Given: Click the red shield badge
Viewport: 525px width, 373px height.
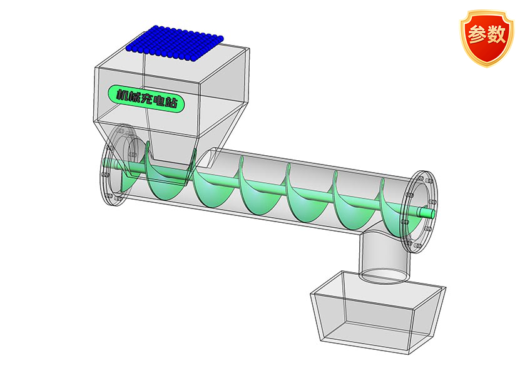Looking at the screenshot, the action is click(486, 38).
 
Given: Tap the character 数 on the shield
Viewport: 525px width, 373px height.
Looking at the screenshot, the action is click(496, 34).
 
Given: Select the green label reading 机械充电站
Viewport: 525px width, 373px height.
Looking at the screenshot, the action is click(146, 98).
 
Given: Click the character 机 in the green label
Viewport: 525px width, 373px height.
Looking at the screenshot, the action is click(122, 94).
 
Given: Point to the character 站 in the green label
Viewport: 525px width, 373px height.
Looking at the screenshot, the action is click(171, 102).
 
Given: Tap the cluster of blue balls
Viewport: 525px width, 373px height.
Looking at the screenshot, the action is click(175, 44).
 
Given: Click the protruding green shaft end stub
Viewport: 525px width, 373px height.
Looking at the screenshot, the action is click(426, 212).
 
